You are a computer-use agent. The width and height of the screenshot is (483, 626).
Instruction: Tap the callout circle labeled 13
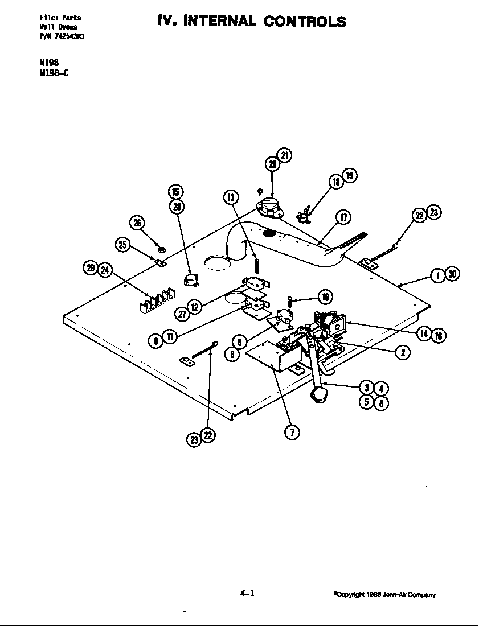231,197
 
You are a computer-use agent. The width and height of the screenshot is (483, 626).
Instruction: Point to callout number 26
137,223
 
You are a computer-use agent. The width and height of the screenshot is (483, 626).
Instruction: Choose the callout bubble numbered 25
122,245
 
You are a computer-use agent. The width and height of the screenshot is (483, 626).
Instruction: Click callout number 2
402,352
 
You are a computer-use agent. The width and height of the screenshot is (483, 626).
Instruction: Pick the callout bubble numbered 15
175,192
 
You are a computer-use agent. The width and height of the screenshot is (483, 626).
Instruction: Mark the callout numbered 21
284,155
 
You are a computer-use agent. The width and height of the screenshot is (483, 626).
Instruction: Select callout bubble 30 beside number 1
452,275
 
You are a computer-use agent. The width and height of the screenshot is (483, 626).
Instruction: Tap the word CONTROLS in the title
305,22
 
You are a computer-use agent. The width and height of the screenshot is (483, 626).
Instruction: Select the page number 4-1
247,593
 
